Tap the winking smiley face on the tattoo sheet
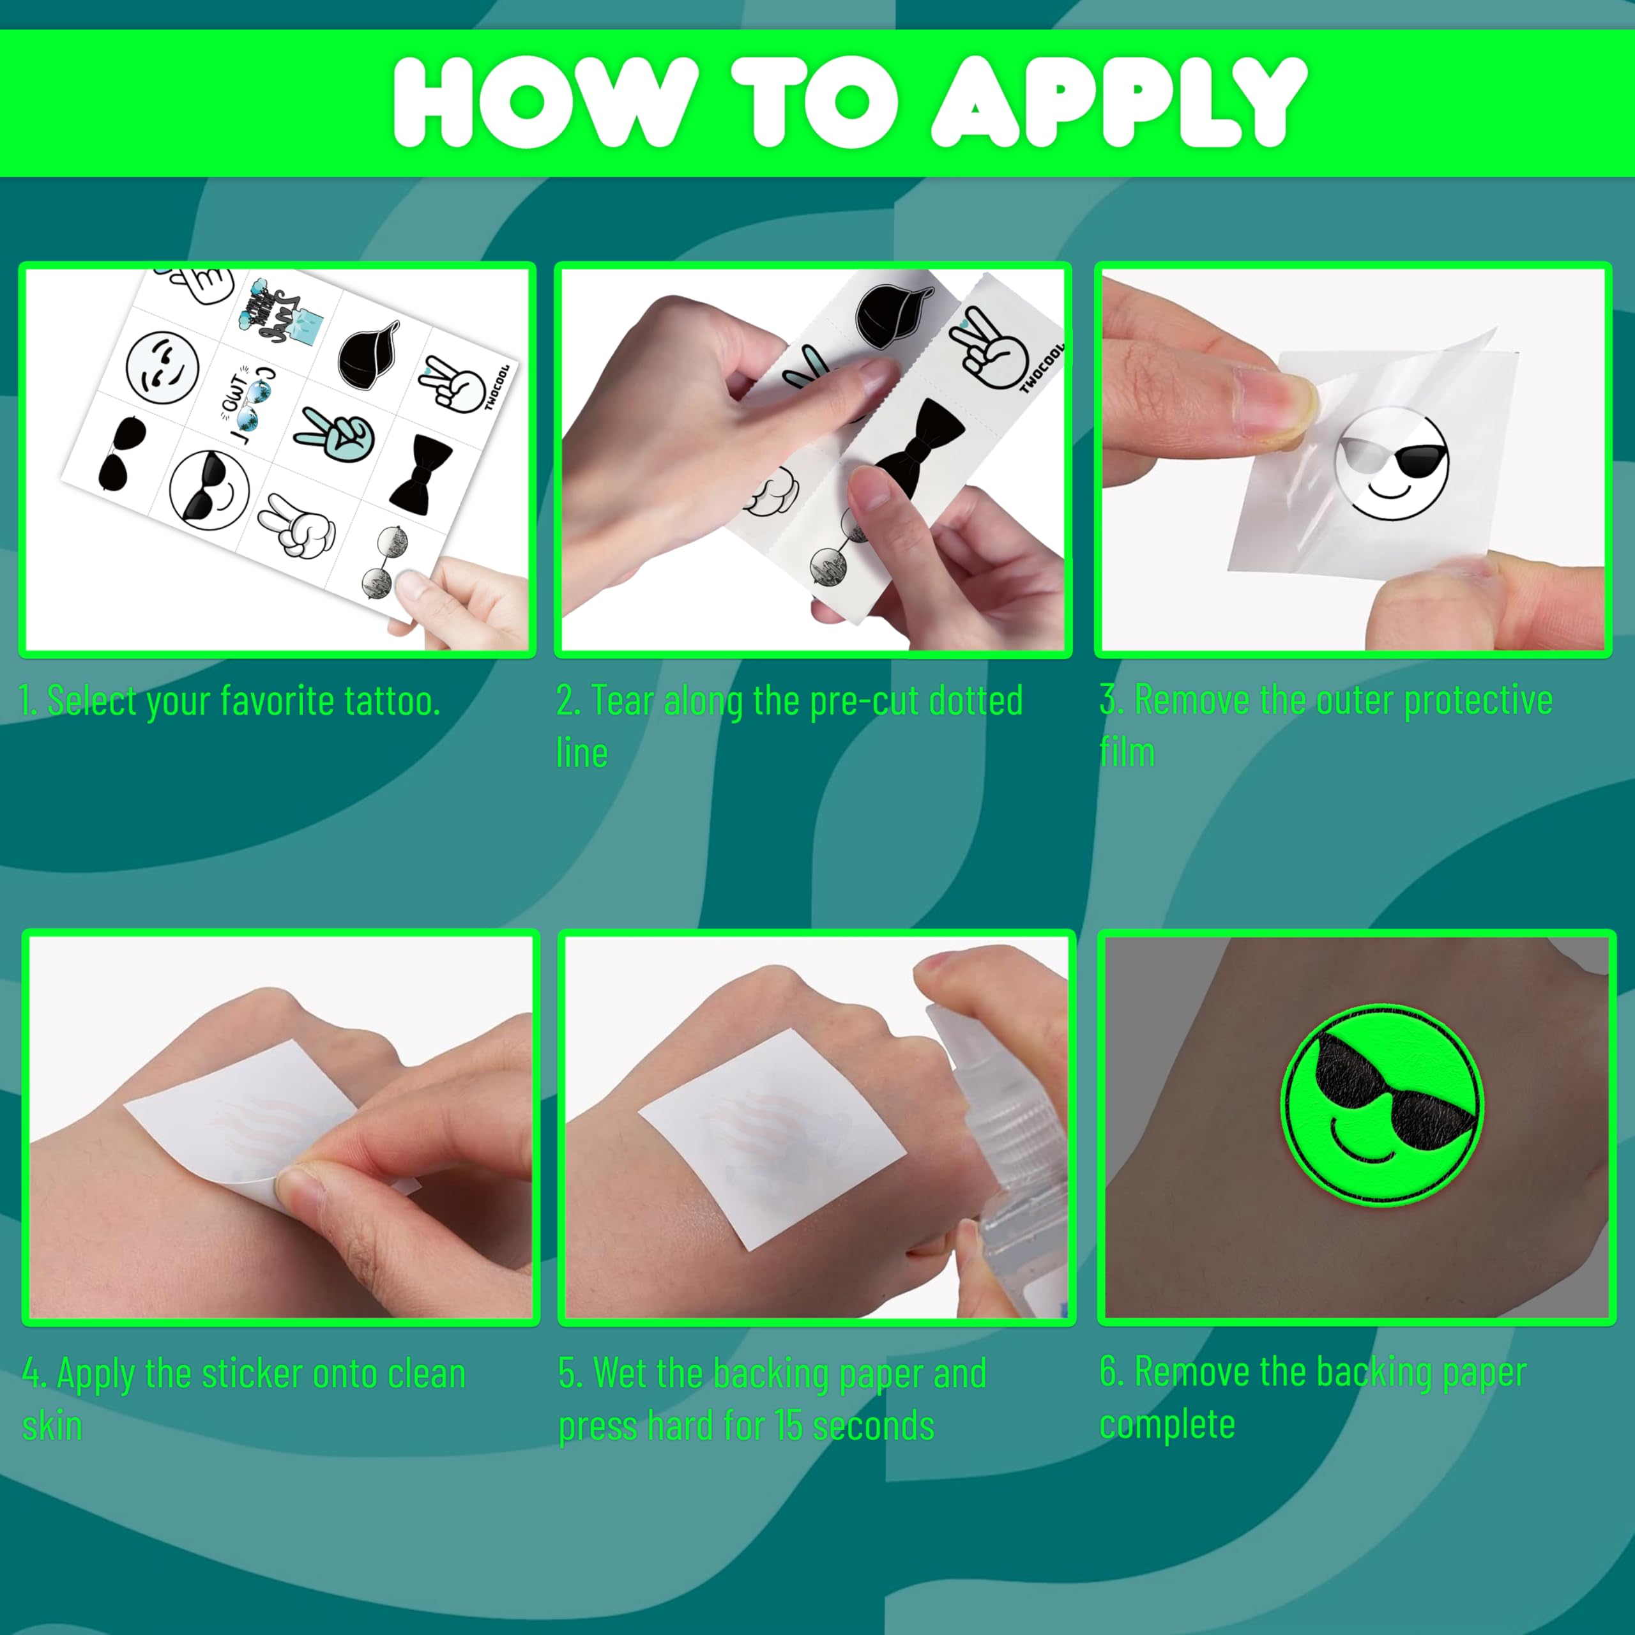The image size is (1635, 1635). point(162,369)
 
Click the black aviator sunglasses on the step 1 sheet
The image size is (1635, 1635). point(123,453)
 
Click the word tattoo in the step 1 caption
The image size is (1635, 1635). point(393,701)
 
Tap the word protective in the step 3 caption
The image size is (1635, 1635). point(1479,700)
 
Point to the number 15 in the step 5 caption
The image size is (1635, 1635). point(789,1426)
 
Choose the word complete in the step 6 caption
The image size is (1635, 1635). point(1167,1425)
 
